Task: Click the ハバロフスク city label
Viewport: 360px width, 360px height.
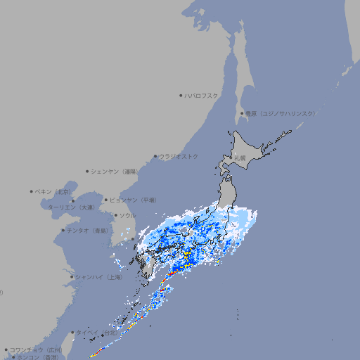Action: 202,95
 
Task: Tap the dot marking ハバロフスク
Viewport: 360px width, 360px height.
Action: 181,95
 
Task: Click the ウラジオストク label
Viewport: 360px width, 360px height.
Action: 179,156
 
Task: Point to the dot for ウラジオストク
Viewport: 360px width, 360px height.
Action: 155,156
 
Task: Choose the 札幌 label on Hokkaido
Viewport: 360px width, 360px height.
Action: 240,158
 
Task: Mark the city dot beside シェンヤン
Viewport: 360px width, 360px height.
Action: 87,171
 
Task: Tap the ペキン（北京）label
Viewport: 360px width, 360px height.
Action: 54,191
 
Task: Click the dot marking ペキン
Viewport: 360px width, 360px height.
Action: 32,191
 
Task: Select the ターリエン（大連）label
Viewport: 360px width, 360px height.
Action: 71,207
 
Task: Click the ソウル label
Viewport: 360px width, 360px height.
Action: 127,215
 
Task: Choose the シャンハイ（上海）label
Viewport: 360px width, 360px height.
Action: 98,277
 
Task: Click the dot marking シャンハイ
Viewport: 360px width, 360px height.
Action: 72,277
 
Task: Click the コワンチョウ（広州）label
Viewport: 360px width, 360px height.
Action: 35,349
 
